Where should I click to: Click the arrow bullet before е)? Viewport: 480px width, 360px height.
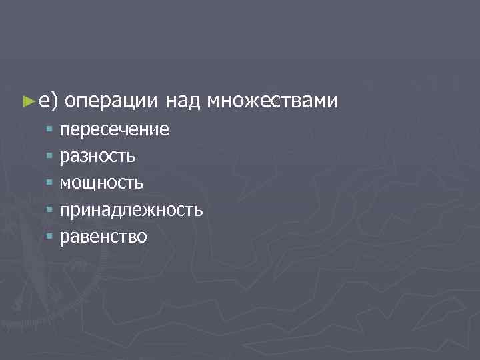[x=27, y=101]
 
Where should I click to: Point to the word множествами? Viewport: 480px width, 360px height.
[x=273, y=101]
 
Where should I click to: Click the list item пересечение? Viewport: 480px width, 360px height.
[x=114, y=129]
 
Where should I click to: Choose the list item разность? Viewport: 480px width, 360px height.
[x=98, y=156]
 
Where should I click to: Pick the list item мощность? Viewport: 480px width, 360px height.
[x=101, y=183]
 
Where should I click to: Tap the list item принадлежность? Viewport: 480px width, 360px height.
[x=131, y=210]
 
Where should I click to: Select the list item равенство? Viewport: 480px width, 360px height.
[x=103, y=237]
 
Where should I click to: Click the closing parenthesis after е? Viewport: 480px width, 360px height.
[x=55, y=101]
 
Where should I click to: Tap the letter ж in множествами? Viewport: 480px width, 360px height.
[x=258, y=101]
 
